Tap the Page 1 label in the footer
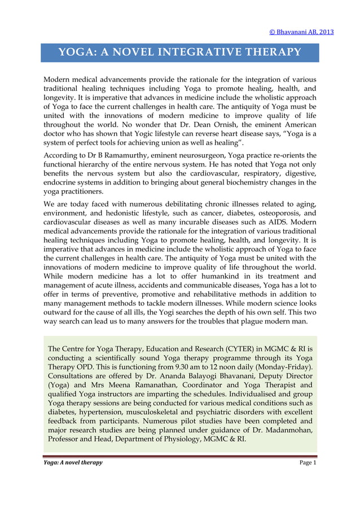pyautogui.click(x=308, y=463)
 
